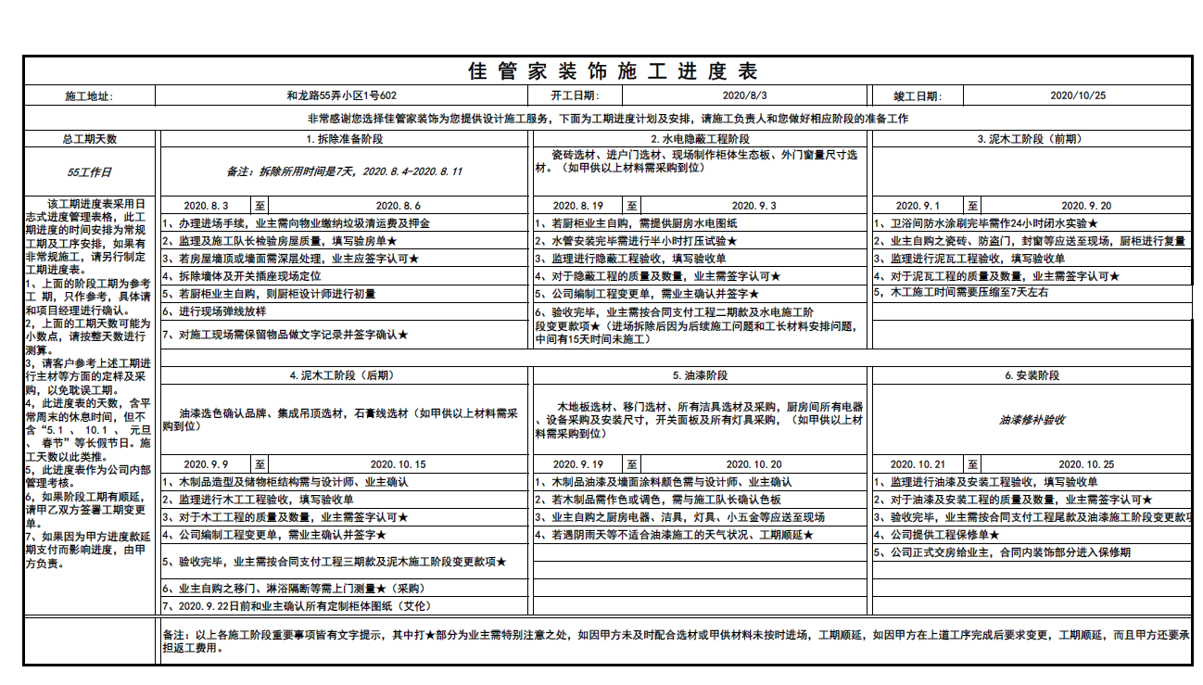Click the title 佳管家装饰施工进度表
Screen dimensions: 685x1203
click(613, 71)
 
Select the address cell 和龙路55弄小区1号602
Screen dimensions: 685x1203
click(342, 95)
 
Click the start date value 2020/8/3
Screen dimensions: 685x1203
click(744, 95)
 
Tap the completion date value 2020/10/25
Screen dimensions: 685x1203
click(1077, 95)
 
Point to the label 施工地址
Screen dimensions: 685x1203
click(90, 96)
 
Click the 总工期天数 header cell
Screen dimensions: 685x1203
click(90, 139)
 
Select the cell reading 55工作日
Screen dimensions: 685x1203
click(90, 171)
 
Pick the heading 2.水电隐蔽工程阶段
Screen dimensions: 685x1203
click(701, 139)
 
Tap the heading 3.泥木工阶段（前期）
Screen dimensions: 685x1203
click(1032, 139)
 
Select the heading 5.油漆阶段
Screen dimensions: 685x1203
click(701, 376)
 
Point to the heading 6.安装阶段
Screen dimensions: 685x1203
click(1032, 376)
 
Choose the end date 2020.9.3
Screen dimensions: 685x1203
click(754, 206)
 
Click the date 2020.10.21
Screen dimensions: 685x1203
click(918, 464)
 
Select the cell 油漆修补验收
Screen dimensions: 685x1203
click(1032, 420)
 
